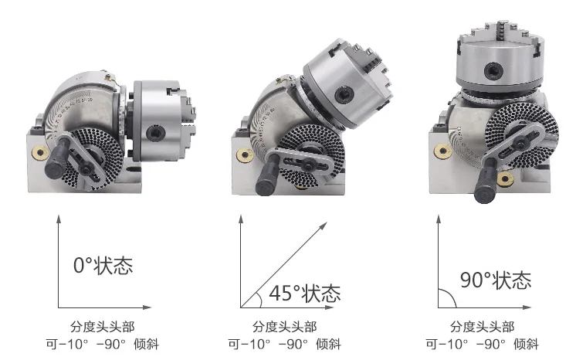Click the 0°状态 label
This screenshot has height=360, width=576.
[x=103, y=266]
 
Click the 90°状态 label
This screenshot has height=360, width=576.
[x=495, y=279]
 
